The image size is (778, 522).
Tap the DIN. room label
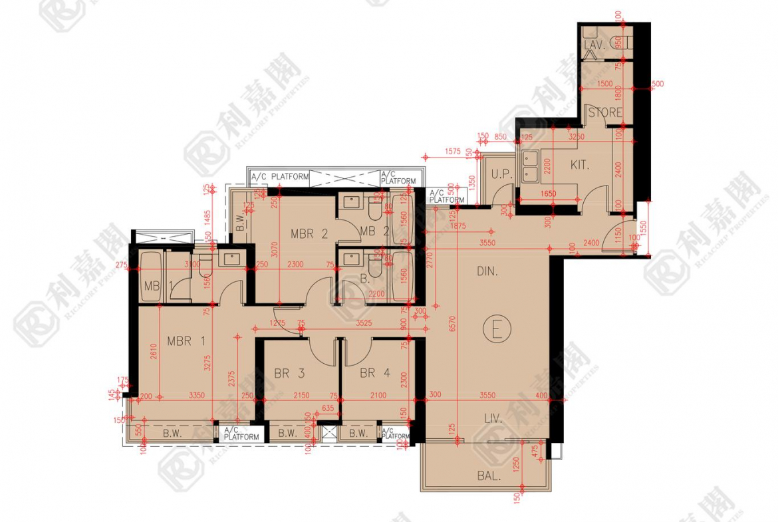pyautogui.click(x=487, y=271)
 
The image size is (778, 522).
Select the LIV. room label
pyautogui.click(x=491, y=420)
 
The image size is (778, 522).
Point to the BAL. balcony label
pyautogui.click(x=488, y=475)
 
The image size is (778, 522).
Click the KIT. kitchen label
pyautogui.click(x=580, y=164)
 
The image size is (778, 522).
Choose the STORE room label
pyautogui.click(x=605, y=113)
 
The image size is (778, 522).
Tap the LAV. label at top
pyautogui.click(x=592, y=45)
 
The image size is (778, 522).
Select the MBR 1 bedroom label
pyautogui.click(x=186, y=342)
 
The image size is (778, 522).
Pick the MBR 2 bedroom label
pyautogui.click(x=309, y=233)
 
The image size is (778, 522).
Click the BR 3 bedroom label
pyautogui.click(x=289, y=374)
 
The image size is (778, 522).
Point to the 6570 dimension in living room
pyautogui.click(x=453, y=324)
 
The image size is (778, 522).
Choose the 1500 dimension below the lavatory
pyautogui.click(x=605, y=84)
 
